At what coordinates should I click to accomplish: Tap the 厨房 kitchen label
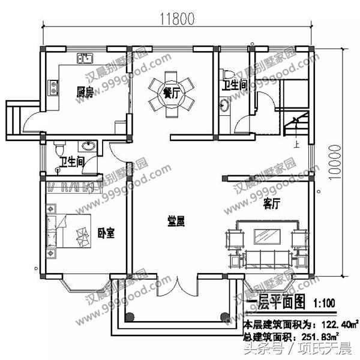[84, 92]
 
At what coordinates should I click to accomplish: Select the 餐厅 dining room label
[172, 92]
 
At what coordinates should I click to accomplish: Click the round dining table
[172, 94]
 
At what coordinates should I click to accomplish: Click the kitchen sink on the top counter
[85, 59]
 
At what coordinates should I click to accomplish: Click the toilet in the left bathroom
[59, 148]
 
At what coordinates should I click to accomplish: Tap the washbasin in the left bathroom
[88, 146]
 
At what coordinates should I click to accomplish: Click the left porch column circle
[128, 318]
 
